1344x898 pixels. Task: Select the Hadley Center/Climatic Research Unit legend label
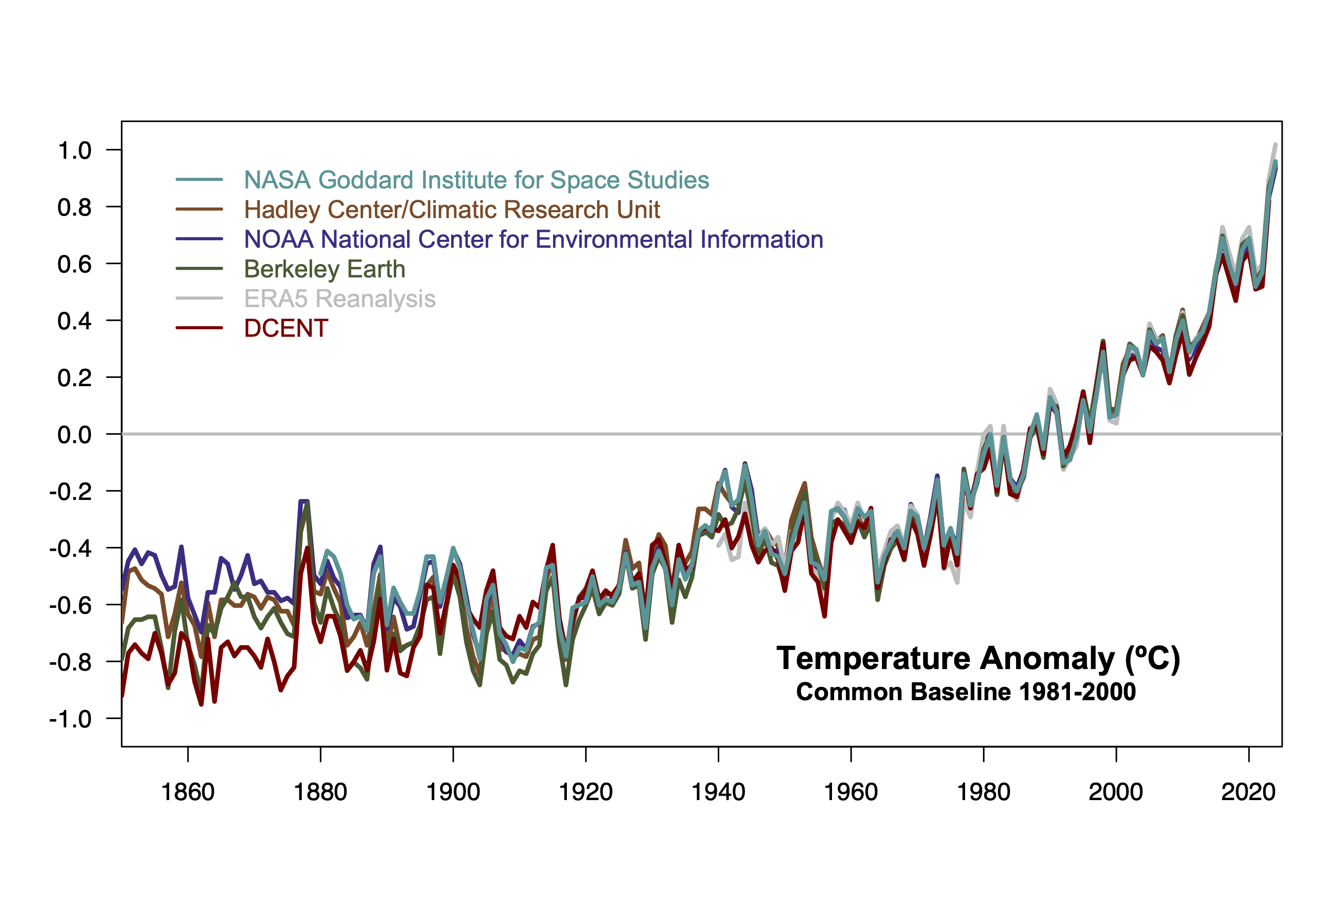coord(452,210)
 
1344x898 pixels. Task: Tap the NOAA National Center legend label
coord(533,239)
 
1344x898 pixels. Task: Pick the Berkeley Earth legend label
coord(324,269)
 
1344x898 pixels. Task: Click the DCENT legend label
coord(286,329)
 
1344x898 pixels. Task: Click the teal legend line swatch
coord(199,180)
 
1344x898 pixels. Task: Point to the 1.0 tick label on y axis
coord(75,151)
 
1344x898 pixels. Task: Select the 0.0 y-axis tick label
coord(75,435)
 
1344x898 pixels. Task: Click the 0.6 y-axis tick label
coord(75,265)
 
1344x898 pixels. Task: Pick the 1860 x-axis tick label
coord(187,793)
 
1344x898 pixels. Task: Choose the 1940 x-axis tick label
coord(718,793)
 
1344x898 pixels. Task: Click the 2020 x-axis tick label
coord(1249,793)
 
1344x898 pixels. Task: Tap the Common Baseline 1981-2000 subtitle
coord(966,692)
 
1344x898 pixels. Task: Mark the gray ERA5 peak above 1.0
coord(1275,145)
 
